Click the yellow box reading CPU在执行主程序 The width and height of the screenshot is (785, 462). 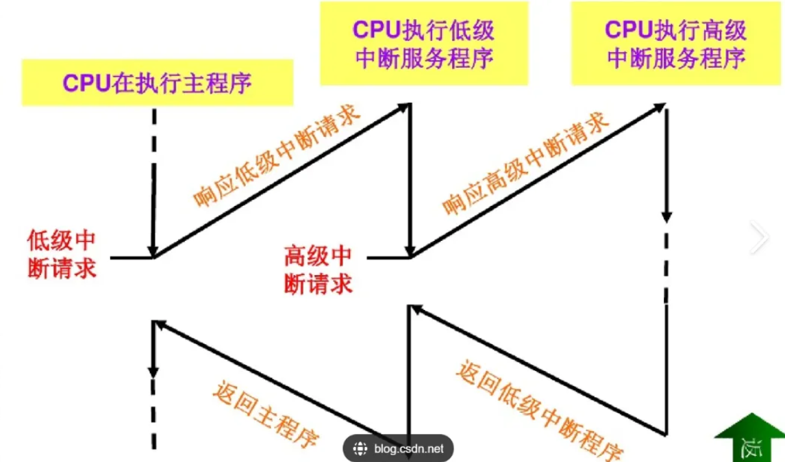pos(158,83)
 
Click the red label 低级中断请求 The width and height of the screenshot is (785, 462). pos(62,254)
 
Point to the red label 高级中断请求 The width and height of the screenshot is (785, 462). pos(318,270)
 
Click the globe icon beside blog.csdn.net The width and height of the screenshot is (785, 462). pos(360,449)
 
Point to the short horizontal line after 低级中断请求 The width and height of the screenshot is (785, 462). pos(131,258)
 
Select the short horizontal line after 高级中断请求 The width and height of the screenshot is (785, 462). pos(388,258)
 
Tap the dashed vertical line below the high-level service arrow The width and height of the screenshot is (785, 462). pos(666,267)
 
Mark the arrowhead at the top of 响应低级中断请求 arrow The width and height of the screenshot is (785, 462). pos(405,107)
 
